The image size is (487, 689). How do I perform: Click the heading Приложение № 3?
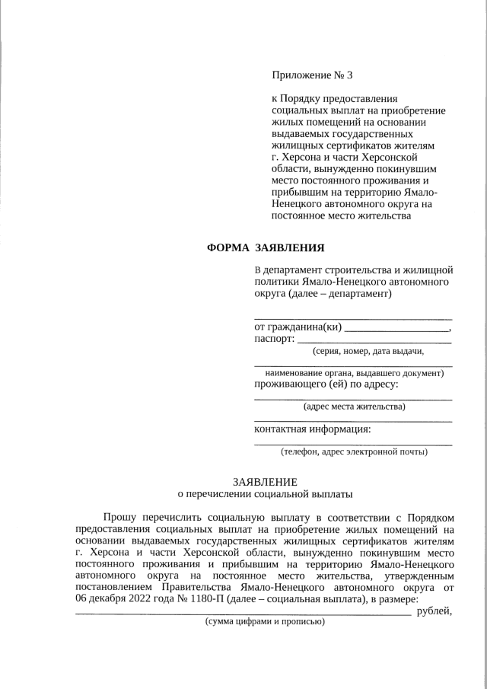click(x=313, y=75)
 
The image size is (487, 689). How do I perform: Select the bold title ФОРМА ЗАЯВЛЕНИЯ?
click(x=267, y=247)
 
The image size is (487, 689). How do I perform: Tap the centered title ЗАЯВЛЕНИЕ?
click(x=266, y=481)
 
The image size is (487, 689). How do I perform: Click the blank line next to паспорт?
click(x=374, y=343)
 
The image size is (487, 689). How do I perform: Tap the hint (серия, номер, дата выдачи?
click(x=368, y=351)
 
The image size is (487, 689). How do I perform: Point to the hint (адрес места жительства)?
click(x=354, y=407)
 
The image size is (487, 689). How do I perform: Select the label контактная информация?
click(x=313, y=428)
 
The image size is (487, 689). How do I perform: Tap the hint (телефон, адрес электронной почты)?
click(x=354, y=451)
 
